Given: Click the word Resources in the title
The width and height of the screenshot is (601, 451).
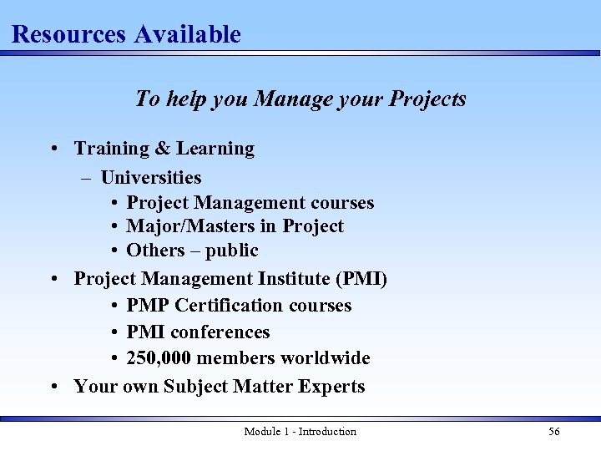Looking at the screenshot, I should pos(68,34).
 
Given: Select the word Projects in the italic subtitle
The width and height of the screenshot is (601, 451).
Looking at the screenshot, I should pos(427,99).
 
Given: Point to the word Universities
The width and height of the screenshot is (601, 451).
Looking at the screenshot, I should pos(151,177).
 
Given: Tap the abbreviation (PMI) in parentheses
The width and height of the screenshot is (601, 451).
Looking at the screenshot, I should pos(361,279).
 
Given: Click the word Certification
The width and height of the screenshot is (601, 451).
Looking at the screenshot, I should pos(229,306).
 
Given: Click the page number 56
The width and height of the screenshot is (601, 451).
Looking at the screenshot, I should pos(553,432).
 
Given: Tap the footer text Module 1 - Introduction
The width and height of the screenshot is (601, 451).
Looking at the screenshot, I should pos(300,432).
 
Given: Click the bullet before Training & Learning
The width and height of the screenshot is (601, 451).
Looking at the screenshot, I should pos(53,149).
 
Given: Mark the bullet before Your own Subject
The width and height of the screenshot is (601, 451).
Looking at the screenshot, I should pos(53,387).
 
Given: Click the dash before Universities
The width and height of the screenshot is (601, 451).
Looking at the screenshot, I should pos(87,177).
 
